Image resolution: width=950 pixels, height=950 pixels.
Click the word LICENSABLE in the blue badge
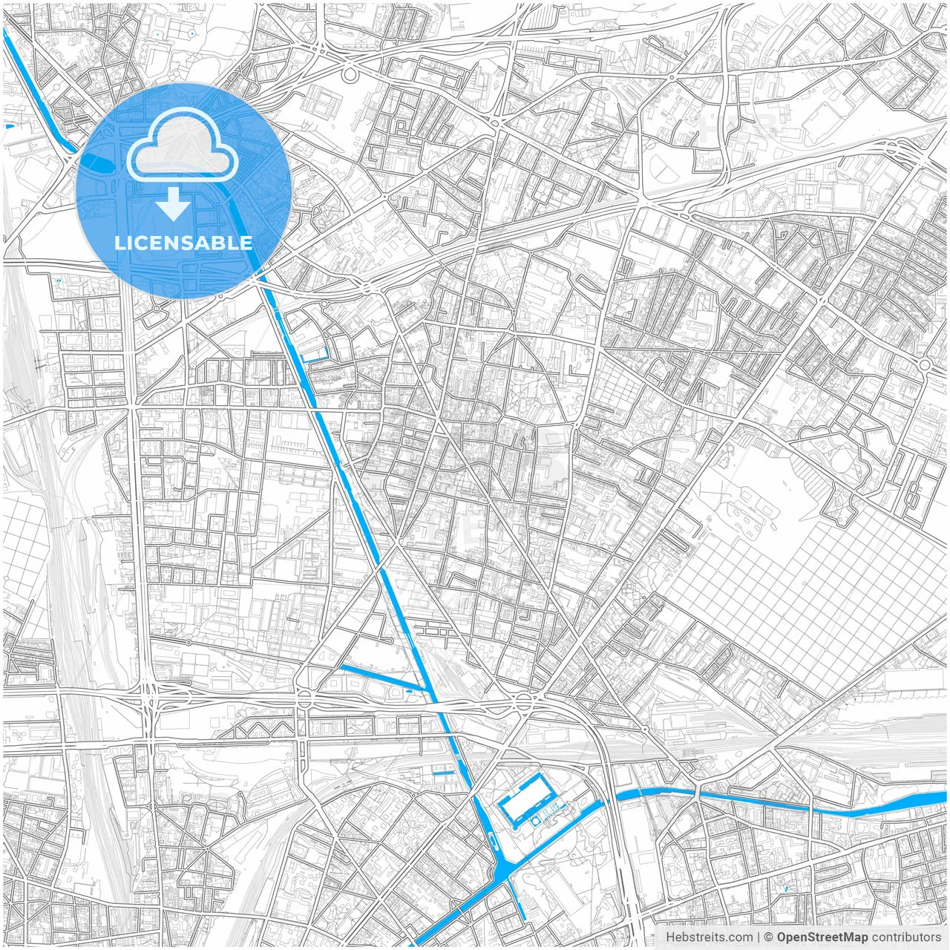183,243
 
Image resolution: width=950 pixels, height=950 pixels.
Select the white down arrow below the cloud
174,204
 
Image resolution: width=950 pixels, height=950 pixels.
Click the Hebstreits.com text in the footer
709,937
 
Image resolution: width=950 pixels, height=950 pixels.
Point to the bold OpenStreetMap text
822,937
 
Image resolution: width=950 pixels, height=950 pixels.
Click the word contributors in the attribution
906,937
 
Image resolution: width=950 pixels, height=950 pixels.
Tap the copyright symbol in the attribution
769,937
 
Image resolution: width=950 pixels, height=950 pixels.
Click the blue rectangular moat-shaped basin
525,799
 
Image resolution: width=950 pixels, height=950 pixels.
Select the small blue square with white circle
535,822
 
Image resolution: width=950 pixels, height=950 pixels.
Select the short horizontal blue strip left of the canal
442,773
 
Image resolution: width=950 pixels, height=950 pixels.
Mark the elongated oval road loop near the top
349,74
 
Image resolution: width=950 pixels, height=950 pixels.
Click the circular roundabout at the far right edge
925,365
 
